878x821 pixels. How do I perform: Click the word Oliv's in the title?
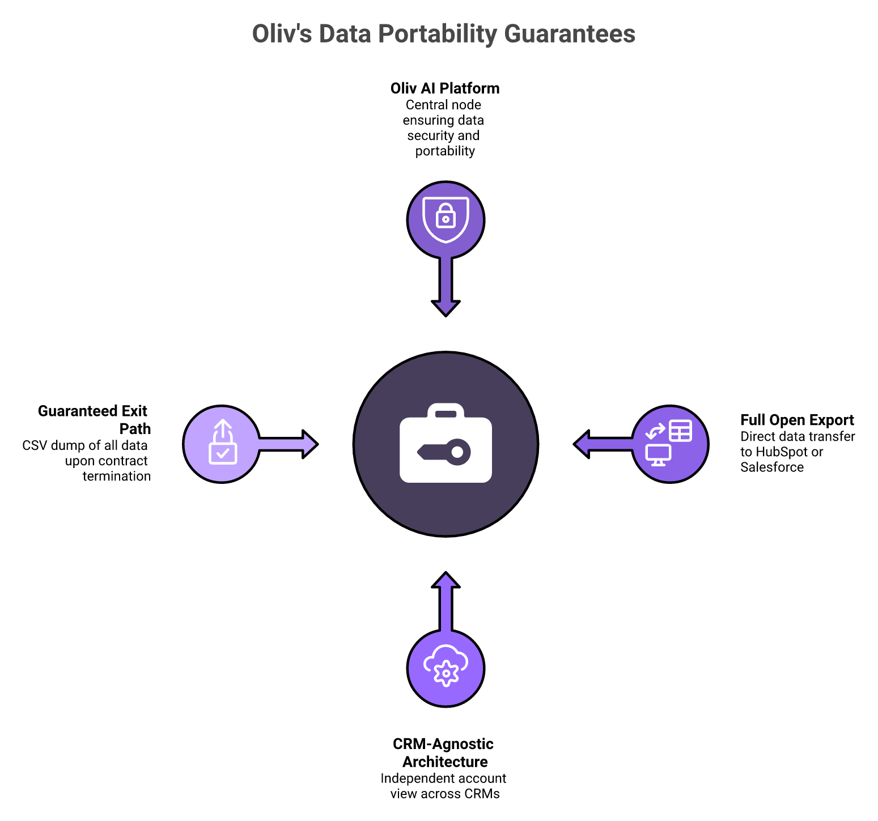pyautogui.click(x=282, y=34)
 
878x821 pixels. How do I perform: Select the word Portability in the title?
pyautogui.click(x=438, y=34)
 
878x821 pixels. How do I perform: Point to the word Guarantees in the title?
pyautogui.click(x=570, y=34)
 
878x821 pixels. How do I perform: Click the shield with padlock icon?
pyautogui.click(x=446, y=220)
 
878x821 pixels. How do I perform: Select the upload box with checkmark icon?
pyautogui.click(x=223, y=443)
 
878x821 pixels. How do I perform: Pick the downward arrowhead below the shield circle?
pyautogui.click(x=446, y=308)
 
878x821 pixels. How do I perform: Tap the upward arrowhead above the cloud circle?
pyautogui.click(x=446, y=580)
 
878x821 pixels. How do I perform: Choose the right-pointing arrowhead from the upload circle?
pyautogui.click(x=309, y=444)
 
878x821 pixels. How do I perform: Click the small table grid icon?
pyautogui.click(x=680, y=431)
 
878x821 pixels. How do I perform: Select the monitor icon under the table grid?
pyautogui.click(x=658, y=454)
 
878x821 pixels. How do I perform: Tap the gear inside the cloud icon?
pyautogui.click(x=446, y=673)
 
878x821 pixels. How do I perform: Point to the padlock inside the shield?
pyautogui.click(x=446, y=216)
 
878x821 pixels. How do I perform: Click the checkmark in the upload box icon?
pyautogui.click(x=223, y=453)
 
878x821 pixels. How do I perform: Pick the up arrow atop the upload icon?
pyautogui.click(x=223, y=428)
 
